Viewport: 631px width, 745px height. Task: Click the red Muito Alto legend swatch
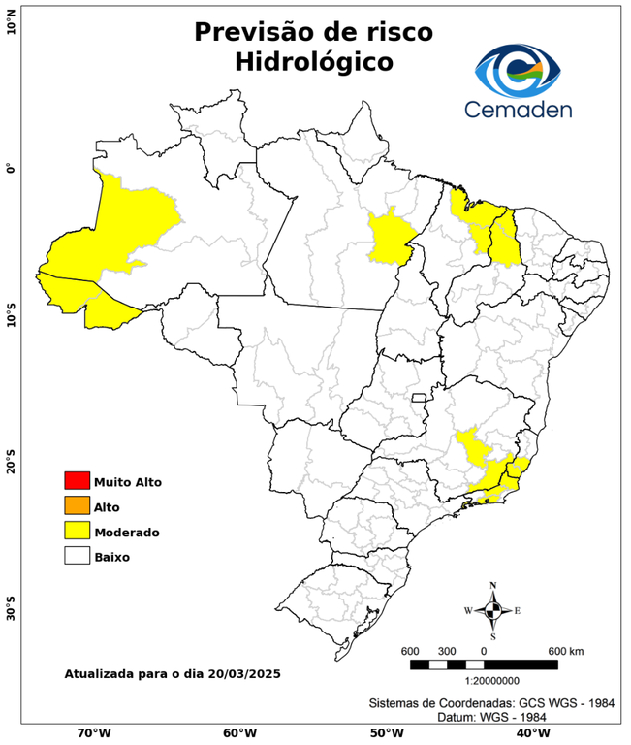tap(77, 480)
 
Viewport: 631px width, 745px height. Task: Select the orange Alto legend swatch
tap(77, 505)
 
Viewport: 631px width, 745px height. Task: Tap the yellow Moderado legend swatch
tap(77, 531)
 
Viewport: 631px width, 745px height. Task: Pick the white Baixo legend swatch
tap(77, 556)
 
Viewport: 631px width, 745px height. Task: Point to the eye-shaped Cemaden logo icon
tap(523, 68)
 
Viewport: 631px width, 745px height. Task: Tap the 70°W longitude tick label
tap(94, 733)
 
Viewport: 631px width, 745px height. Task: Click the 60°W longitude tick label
tap(239, 733)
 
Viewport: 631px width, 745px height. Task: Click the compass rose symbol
tap(492, 610)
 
